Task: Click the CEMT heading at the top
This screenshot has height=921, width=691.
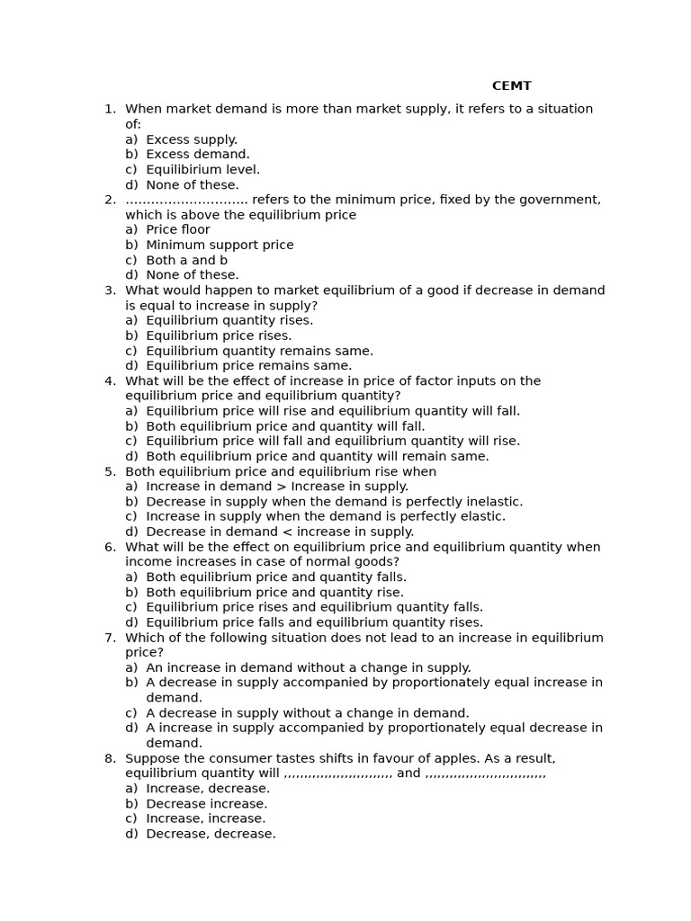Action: click(511, 86)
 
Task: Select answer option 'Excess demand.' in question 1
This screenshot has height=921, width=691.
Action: click(197, 155)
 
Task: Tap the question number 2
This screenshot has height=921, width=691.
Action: click(110, 200)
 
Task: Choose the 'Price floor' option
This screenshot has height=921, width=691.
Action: click(177, 230)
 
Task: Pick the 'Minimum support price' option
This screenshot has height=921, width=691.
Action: click(219, 245)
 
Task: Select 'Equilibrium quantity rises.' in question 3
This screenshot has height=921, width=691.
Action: click(229, 321)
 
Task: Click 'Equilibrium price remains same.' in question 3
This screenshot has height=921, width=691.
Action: click(248, 366)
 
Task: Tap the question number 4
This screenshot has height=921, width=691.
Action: click(110, 381)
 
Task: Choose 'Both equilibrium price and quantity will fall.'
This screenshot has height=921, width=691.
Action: click(284, 426)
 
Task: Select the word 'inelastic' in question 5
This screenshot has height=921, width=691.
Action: click(494, 502)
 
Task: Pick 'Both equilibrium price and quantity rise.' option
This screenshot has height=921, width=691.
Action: click(274, 593)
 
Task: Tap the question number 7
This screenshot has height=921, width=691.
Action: click(110, 638)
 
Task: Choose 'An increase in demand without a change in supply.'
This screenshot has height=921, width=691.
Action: click(308, 668)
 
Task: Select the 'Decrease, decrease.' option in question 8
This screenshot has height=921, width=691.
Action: click(211, 834)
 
